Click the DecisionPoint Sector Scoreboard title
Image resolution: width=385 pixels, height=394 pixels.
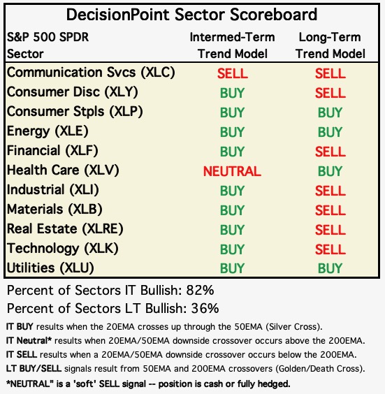191,15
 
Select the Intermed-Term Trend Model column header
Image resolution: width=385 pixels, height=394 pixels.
232,45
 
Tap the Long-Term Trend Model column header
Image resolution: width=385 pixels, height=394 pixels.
330,45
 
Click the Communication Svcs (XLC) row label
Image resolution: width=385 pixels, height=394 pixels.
91,73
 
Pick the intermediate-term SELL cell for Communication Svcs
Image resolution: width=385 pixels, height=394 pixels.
233,73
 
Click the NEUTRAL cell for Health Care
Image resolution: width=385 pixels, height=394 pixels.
232,171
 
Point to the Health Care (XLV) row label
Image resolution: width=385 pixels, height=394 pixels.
63,170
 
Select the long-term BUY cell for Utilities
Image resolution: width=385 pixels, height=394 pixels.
330,268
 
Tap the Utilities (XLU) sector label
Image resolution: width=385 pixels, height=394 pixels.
50,268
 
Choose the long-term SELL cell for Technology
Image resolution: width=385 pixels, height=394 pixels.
330,249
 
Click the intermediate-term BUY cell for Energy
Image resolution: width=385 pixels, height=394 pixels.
232,132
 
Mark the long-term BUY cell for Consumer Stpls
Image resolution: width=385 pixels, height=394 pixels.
330,112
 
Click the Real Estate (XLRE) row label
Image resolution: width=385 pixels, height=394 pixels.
65,229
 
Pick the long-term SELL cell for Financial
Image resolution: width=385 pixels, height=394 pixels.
330,152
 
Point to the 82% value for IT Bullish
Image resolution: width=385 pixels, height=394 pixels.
200,291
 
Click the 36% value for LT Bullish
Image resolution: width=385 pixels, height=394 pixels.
205,309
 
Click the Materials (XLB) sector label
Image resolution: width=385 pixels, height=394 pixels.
55,210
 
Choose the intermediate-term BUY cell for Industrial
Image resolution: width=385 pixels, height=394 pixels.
232,191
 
